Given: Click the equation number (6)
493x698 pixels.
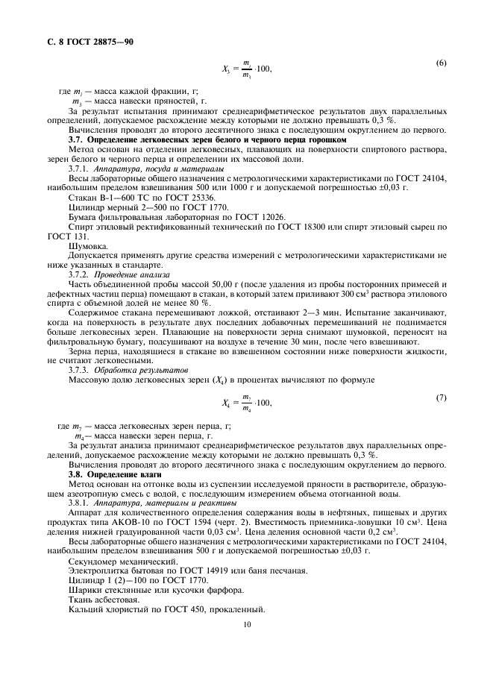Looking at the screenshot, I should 442,63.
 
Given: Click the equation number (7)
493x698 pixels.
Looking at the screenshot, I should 442,397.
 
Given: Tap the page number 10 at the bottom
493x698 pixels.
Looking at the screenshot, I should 246,626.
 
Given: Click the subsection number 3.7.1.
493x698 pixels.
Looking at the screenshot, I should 80,169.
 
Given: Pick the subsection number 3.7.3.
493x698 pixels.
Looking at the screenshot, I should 80,370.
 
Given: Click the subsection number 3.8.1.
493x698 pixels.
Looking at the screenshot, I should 80,503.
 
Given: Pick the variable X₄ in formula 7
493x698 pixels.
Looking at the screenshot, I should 227,403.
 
